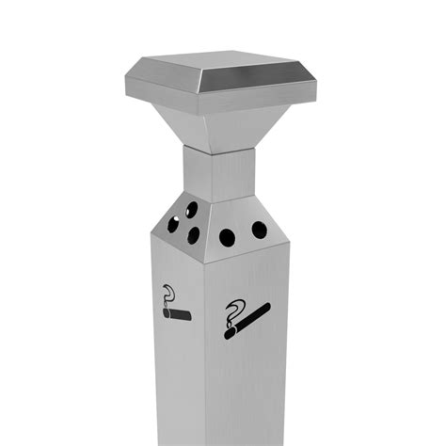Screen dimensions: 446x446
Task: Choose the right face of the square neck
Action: tap(235, 175)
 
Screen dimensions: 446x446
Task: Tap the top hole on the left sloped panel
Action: tap(183, 208)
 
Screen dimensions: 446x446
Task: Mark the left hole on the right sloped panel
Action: tap(227, 237)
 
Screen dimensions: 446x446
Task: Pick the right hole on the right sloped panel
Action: tap(258, 230)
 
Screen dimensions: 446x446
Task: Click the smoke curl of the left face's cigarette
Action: tap(168, 293)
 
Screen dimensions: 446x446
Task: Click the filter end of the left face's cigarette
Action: tap(187, 315)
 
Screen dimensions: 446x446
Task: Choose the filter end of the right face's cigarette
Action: tap(266, 307)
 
